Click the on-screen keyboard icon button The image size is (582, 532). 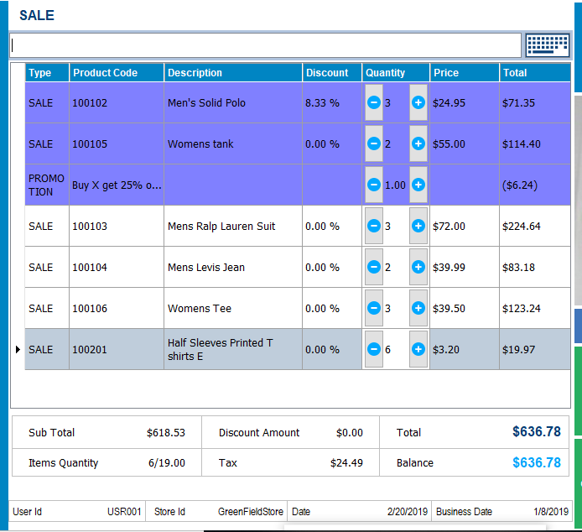tap(547, 44)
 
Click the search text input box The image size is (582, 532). tap(265, 45)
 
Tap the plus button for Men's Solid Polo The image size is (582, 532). tap(418, 102)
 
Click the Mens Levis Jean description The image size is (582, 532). tap(206, 268)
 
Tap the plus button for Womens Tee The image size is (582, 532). tap(418, 308)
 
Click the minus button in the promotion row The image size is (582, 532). tap(374, 185)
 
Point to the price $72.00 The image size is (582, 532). tap(449, 227)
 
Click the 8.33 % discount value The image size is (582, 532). tap(322, 103)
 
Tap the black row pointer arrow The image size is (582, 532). tap(18, 349)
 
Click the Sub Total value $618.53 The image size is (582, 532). tap(165, 433)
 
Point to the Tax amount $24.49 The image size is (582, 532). tap(346, 463)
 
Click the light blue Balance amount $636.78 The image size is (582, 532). tap(536, 463)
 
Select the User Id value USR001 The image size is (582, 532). tap(124, 512)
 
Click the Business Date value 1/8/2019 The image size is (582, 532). tap(551, 512)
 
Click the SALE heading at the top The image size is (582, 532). tap(37, 15)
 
